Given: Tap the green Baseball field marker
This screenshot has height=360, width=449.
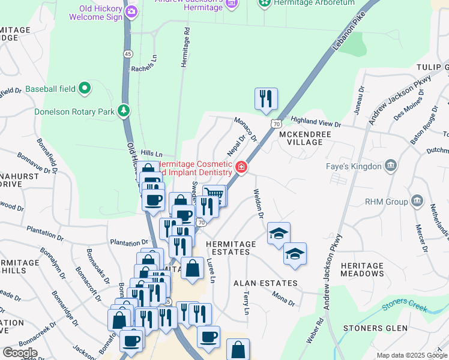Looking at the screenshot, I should tap(85, 89).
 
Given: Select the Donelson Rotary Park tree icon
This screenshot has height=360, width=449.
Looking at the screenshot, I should tap(123, 110).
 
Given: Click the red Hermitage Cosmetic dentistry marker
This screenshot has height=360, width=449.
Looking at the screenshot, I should tap(241, 167).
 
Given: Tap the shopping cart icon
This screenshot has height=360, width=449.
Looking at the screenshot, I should tap(215, 194).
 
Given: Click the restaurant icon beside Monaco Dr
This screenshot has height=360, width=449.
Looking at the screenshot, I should tap(266, 98).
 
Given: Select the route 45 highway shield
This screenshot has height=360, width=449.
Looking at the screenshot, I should tap(128, 54).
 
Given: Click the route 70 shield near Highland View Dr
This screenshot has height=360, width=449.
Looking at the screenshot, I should tap(276, 124).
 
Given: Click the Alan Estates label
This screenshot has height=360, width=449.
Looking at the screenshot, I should tap(265, 283).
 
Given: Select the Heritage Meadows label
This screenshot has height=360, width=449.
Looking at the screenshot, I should tap(361, 269).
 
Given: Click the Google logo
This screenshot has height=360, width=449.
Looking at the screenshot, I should tap(20, 353).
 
